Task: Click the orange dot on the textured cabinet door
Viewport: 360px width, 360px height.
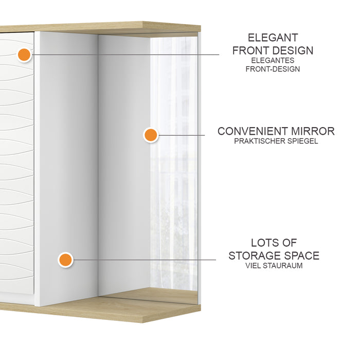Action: (24, 54)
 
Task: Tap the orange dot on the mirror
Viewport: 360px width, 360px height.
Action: (150, 135)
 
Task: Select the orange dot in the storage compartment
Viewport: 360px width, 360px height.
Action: (65, 260)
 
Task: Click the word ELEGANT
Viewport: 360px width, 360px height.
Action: (273, 38)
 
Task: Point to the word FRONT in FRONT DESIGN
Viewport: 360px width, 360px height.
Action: (251, 50)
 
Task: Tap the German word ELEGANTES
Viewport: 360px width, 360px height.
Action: (273, 60)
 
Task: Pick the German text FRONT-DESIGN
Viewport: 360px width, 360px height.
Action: (273, 68)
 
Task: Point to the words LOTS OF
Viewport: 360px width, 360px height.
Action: (274, 243)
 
